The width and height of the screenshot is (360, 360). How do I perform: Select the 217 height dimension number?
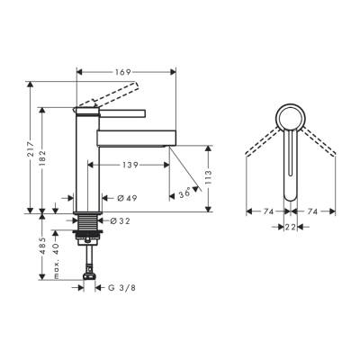tap(32, 148)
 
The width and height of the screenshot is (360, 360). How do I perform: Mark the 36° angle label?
tap(186, 193)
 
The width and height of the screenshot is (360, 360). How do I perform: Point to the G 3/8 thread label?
tap(124, 288)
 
